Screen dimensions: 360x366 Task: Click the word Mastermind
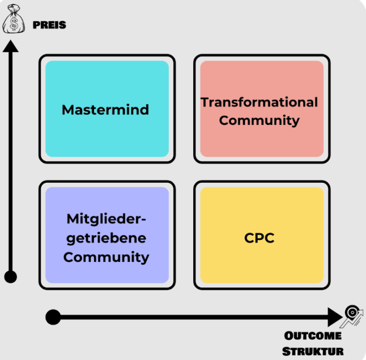coord(105,110)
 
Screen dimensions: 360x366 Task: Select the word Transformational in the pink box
coord(259,102)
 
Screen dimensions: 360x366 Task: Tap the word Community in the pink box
coord(259,121)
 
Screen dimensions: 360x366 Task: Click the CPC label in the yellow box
coord(260,238)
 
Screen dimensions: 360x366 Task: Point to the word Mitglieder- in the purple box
coord(106,219)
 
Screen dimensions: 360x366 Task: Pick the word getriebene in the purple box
coord(106,238)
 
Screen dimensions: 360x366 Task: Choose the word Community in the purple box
coord(106,256)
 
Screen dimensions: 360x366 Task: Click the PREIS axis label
coord(49,25)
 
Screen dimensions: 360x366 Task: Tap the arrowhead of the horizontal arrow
coord(335,317)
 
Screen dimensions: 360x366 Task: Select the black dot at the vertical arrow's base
coord(11,277)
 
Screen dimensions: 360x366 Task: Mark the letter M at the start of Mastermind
coord(67,110)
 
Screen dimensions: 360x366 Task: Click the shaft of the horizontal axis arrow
coord(193,317)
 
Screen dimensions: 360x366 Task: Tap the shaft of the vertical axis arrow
coord(11,162)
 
